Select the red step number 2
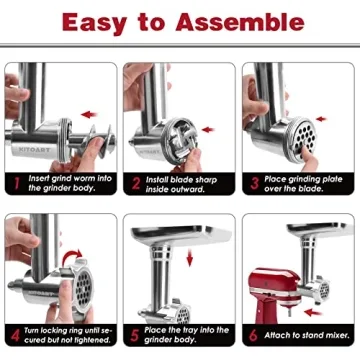tap(134, 185)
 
